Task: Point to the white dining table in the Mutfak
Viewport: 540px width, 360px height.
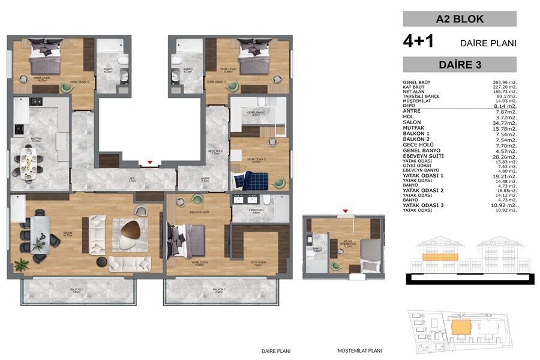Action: pyautogui.click(x=28, y=161)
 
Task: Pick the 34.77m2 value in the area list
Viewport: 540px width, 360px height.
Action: pyautogui.click(x=504, y=122)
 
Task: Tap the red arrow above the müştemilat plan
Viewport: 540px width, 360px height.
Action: pyautogui.click(x=346, y=212)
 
